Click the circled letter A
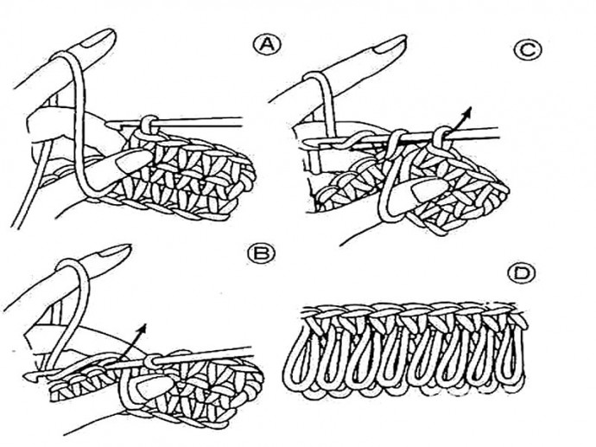[x=266, y=45]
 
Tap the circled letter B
[x=261, y=253]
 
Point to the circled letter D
[x=522, y=274]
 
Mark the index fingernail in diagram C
[x=390, y=45]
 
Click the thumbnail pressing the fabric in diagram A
[x=133, y=160]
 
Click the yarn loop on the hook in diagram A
[x=150, y=126]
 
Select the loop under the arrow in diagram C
[x=441, y=137]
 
